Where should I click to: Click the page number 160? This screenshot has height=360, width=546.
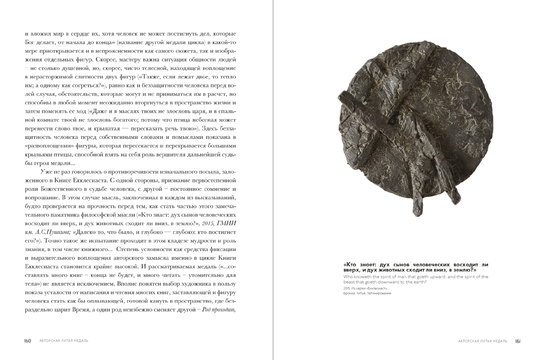[28, 341]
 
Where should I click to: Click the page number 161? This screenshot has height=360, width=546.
[518, 341]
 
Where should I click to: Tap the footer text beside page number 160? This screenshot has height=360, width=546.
[63, 341]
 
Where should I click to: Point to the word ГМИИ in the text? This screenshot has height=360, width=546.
[229, 223]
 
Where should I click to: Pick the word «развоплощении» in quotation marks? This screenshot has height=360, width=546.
[49, 145]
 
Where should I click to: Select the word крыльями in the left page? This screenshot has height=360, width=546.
[37, 154]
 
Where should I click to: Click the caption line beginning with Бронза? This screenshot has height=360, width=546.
[368, 293]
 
